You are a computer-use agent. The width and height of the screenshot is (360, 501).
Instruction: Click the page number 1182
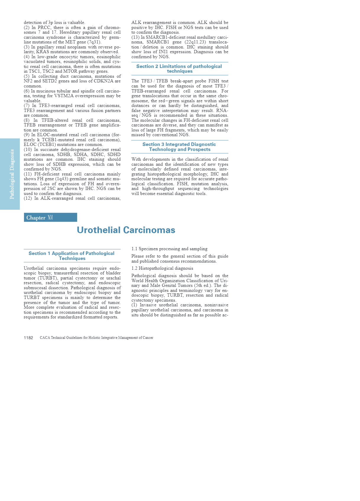pos(28,338)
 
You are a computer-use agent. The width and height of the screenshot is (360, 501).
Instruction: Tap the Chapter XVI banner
pos(50,217)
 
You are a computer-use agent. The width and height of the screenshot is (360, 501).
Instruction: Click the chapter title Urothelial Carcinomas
pos(126,230)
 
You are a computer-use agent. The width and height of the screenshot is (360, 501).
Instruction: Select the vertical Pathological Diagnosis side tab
pos(12,174)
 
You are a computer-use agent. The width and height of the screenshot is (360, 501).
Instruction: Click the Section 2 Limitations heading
pos(179,69)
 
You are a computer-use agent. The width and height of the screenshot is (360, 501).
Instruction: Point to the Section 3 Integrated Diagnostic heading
pos(179,147)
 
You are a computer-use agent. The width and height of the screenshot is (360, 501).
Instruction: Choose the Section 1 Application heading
pos(72,256)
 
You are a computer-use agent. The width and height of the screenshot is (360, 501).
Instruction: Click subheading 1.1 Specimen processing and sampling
pos(169,249)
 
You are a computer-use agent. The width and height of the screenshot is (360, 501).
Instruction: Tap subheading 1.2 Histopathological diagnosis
pos(162,268)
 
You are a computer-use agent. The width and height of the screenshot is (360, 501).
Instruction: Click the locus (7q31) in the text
pos(94,42)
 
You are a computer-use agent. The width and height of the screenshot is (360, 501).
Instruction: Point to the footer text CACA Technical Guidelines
pos(96,338)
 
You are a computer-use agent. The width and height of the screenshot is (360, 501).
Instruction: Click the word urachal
pos(113,278)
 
